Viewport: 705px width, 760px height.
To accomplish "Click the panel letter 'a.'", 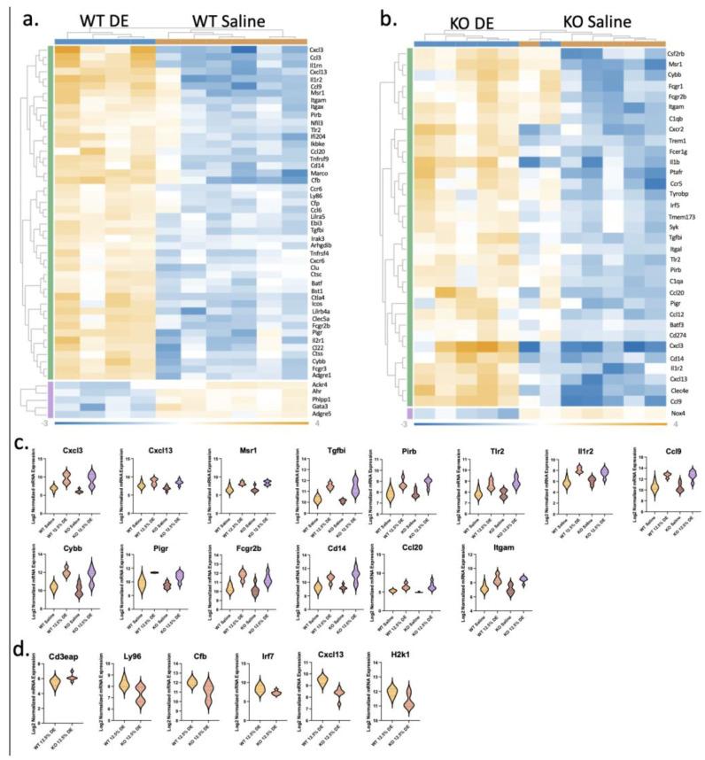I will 35,17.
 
